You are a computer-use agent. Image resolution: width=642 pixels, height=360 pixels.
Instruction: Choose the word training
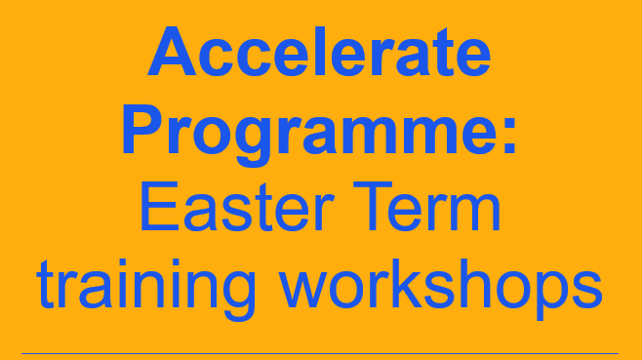click(144, 285)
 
